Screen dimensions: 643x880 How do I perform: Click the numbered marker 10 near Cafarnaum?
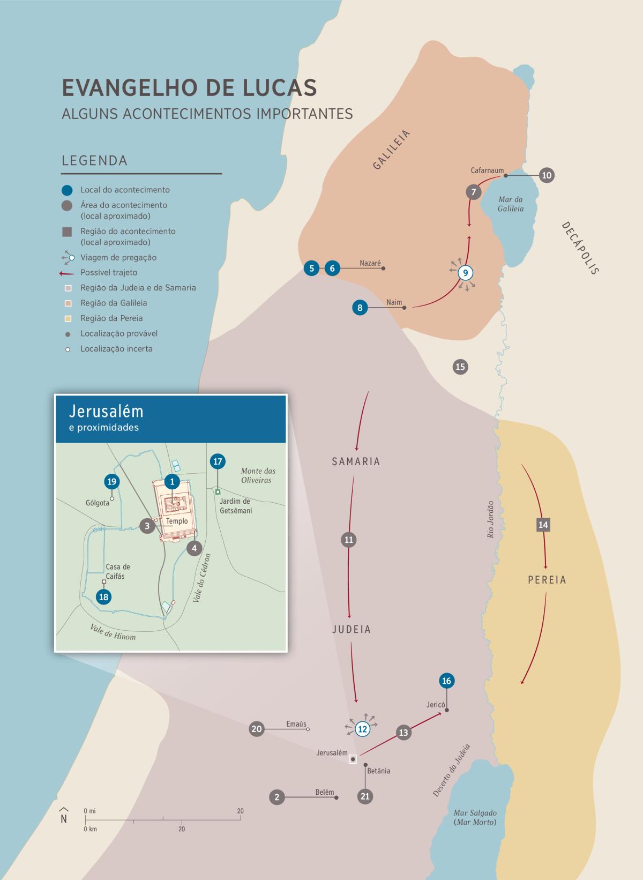[547, 175]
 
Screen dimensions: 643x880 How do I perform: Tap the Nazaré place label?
[370, 263]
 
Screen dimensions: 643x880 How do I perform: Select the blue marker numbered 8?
[360, 308]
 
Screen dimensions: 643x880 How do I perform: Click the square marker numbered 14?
[543, 525]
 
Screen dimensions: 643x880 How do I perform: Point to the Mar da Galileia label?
[511, 204]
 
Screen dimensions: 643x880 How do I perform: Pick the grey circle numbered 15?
[460, 367]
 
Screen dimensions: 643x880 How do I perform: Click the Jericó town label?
[436, 705]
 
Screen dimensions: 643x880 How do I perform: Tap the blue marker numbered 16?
[446, 681]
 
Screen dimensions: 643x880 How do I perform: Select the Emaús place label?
[296, 724]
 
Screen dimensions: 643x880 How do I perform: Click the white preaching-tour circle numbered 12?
[362, 729]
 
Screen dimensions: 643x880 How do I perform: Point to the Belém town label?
[325, 793]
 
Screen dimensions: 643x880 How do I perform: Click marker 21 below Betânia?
[365, 796]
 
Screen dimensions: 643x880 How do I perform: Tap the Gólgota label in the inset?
[98, 503]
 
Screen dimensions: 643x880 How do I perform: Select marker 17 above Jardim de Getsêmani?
[218, 461]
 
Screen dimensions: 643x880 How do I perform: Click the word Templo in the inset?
[177, 521]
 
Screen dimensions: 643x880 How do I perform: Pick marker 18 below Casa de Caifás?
[104, 597]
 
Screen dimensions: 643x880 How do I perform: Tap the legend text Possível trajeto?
[109, 273]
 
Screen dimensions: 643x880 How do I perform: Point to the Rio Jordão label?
[490, 519]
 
